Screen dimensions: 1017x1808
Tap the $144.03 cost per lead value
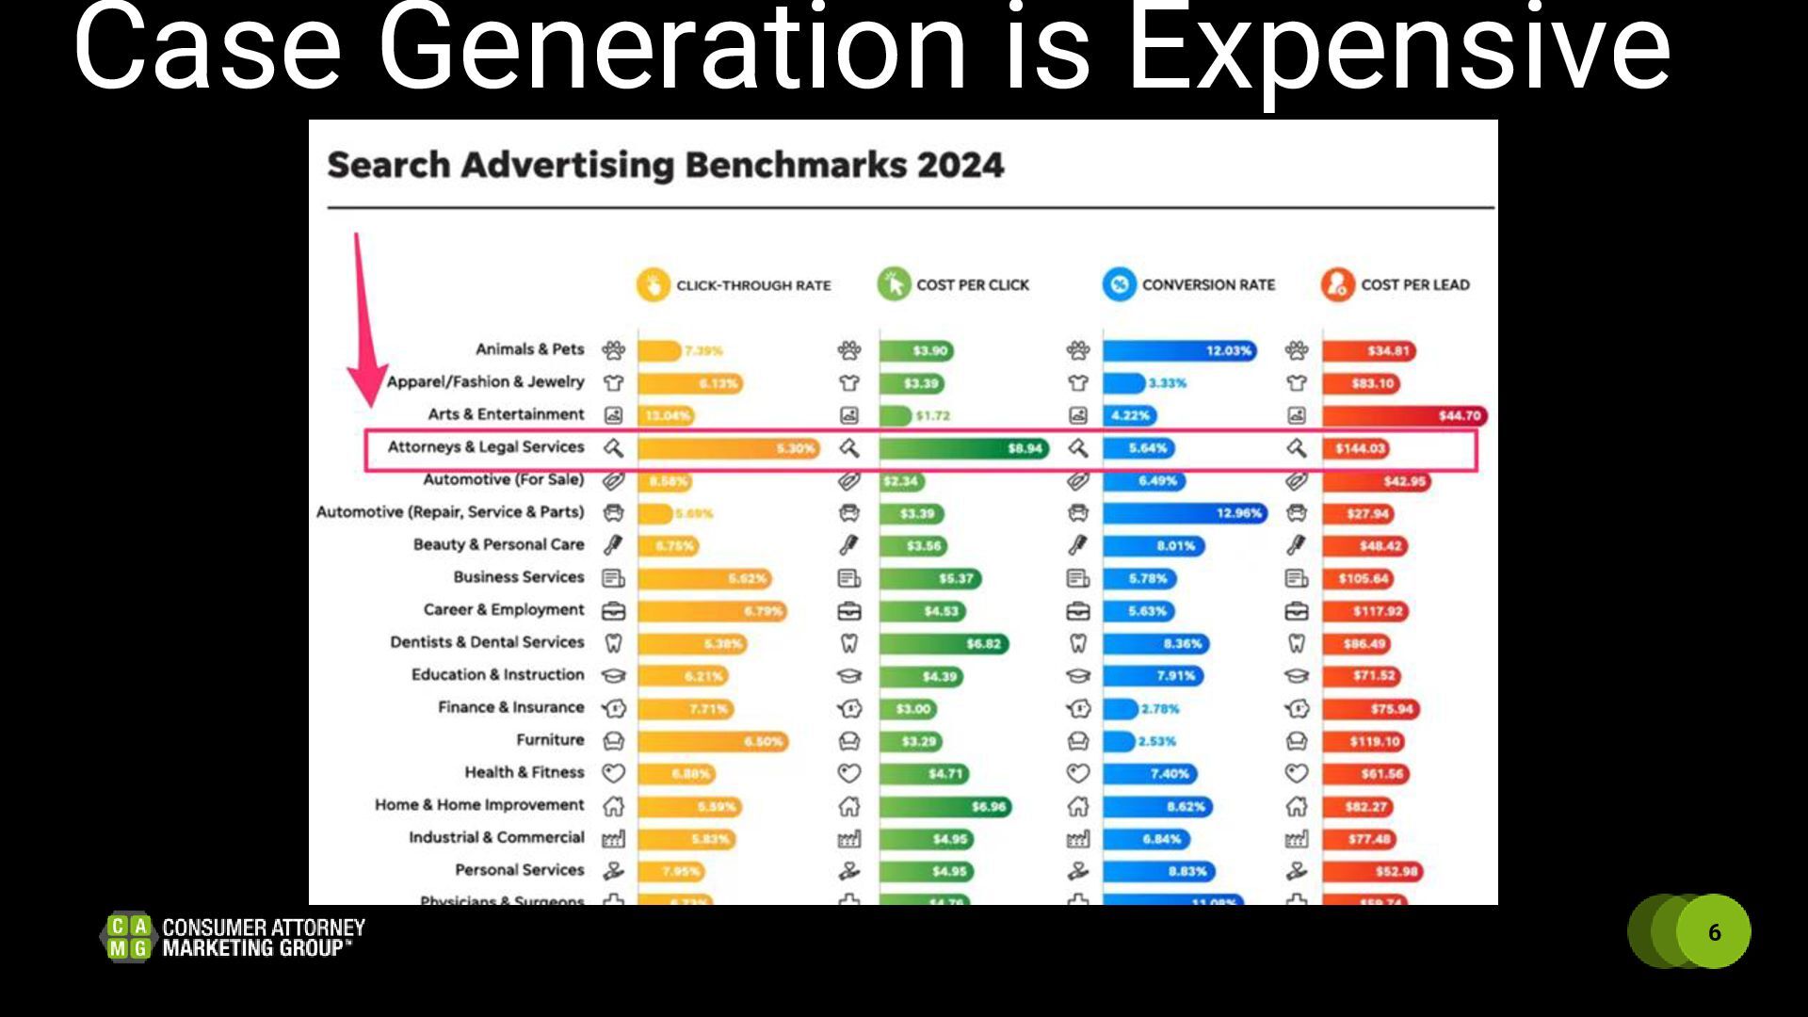click(x=1360, y=448)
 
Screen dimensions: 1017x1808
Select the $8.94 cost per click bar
click(x=964, y=448)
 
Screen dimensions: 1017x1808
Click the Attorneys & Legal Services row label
click(x=486, y=447)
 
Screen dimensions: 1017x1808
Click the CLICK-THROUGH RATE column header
click(x=753, y=285)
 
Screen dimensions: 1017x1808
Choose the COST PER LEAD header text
click(x=1414, y=285)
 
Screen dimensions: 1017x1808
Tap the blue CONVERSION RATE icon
click(x=1120, y=284)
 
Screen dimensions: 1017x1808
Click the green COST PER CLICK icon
click(x=894, y=284)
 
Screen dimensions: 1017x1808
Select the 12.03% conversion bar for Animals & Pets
click(x=1179, y=351)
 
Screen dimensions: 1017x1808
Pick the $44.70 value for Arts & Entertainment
click(x=1459, y=415)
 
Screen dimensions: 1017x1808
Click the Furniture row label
click(x=550, y=740)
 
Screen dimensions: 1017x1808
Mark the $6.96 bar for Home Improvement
click(x=944, y=807)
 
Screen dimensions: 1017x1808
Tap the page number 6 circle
click(x=1714, y=931)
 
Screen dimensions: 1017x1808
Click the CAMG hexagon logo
click(x=128, y=938)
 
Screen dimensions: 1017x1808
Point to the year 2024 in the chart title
click(x=960, y=166)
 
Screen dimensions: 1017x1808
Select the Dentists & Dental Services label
click(x=487, y=642)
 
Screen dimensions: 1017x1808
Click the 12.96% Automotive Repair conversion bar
click(x=1186, y=513)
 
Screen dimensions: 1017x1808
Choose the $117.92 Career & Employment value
click(x=1378, y=611)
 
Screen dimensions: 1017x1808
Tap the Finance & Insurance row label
click(x=510, y=707)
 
